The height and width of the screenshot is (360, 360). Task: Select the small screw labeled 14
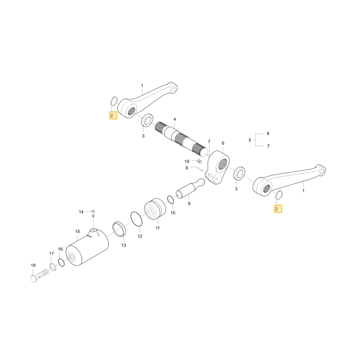pyautogui.click(x=93, y=213)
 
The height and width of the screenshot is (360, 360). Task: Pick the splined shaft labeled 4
pyautogui.click(x=181, y=139)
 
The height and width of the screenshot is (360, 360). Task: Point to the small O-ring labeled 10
pyautogui.click(x=171, y=199)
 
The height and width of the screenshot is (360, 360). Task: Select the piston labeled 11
pyautogui.click(x=155, y=209)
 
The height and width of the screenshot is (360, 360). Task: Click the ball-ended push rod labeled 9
pyautogui.click(x=190, y=188)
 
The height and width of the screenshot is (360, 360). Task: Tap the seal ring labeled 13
pyautogui.click(x=119, y=229)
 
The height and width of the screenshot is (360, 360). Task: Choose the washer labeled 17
pyautogui.click(x=53, y=267)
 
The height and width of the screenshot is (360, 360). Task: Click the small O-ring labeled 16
pyautogui.click(x=61, y=262)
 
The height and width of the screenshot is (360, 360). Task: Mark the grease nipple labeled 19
pyautogui.click(x=200, y=161)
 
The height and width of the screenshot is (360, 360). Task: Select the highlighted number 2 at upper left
pyautogui.click(x=113, y=115)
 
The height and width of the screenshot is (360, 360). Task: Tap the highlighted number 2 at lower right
pyautogui.click(x=278, y=209)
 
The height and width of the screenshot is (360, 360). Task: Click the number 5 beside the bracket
pyautogui.click(x=250, y=140)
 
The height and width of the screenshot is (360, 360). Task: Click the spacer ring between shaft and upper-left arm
pyautogui.click(x=147, y=120)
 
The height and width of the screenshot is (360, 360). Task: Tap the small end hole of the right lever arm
pyautogui.click(x=322, y=171)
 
